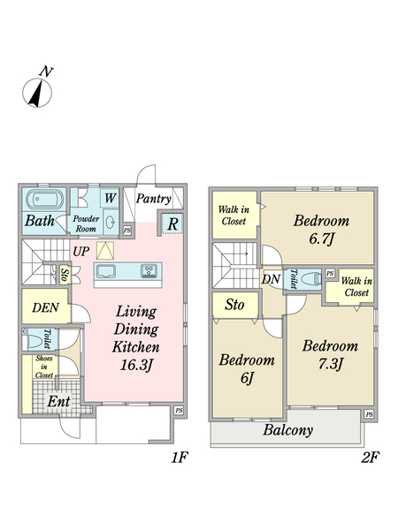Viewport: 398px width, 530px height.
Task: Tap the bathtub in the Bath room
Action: [x=43, y=200]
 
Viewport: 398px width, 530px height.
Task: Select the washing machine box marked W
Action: [x=110, y=198]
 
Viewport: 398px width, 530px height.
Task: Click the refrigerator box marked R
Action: [x=172, y=223]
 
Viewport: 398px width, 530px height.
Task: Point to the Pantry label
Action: [x=153, y=199]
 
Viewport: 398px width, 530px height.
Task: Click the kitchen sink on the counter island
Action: [x=106, y=271]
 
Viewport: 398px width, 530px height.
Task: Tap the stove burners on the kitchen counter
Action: [x=149, y=271]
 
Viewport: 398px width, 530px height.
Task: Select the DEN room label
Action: [x=46, y=307]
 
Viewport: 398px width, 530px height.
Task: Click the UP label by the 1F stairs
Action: [x=81, y=252]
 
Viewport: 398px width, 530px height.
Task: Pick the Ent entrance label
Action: [x=58, y=402]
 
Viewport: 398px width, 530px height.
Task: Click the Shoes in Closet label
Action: [x=44, y=367]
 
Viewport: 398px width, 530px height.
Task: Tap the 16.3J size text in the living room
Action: [x=137, y=365]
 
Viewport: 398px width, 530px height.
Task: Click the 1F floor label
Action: [x=179, y=458]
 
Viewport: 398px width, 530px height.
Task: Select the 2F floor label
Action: [x=370, y=458]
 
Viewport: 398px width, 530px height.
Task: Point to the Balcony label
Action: [x=288, y=430]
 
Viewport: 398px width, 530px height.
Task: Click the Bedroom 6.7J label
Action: [x=321, y=230]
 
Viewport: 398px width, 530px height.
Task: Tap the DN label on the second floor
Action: [x=272, y=279]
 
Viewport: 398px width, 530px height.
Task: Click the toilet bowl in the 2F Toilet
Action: [x=310, y=279]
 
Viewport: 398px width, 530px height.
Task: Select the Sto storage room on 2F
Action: [x=235, y=306]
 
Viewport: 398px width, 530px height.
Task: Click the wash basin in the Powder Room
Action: [x=111, y=223]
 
